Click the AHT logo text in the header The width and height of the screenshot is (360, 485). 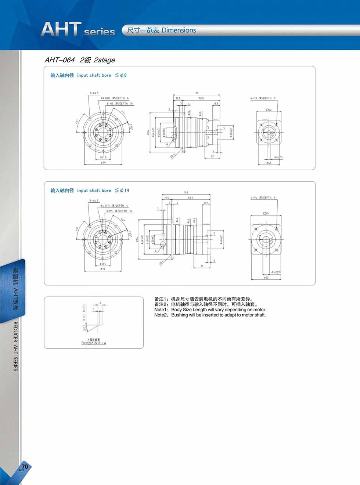coord(61,29)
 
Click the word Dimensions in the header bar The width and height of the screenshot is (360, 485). coord(179,30)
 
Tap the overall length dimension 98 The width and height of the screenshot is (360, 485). coord(197,93)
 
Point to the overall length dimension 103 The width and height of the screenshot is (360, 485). coord(186,192)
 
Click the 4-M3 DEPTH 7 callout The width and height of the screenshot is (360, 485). coord(263,98)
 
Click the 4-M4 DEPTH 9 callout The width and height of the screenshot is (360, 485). coord(263,198)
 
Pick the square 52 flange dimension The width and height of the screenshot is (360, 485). coord(268,110)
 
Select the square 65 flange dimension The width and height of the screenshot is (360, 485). coord(266,213)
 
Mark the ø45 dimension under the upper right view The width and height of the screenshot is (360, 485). coord(269,163)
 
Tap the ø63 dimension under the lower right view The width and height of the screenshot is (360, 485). coord(266,278)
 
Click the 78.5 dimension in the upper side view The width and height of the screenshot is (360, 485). coord(201,98)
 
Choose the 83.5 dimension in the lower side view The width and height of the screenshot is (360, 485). coord(190,198)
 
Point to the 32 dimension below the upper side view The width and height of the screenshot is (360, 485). coord(212,156)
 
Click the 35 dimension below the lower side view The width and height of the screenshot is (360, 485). coord(202,266)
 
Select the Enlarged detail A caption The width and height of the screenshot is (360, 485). coord(94,343)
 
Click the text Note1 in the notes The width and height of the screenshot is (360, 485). coord(160,310)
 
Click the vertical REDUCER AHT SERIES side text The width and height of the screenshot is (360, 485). coord(15,346)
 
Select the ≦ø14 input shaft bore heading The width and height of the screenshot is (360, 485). coord(122,190)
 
